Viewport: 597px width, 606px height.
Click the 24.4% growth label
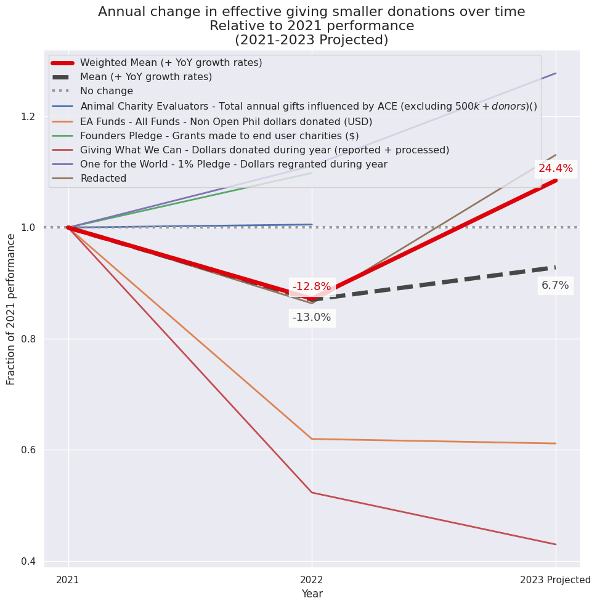tap(555, 169)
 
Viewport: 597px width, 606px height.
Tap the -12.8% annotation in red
tap(312, 286)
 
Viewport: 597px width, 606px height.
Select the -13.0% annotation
tap(312, 318)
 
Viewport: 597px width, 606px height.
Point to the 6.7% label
tap(555, 285)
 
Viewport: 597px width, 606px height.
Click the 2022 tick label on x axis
tap(312, 580)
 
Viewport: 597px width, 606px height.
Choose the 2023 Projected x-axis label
tap(555, 580)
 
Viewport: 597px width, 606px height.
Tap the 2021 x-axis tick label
tap(68, 580)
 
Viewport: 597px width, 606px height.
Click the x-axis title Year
tap(312, 594)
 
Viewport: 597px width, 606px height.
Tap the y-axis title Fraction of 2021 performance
tap(11, 309)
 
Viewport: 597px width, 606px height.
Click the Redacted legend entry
tap(103, 179)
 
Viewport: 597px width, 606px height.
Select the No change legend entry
tap(107, 91)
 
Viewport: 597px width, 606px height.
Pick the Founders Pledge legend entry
tap(219, 135)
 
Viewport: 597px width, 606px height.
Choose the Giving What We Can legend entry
tap(264, 150)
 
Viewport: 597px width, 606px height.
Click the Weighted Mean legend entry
tap(171, 63)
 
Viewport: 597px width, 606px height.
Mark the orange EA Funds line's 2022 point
tap(312, 439)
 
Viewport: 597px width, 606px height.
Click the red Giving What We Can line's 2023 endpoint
tap(556, 544)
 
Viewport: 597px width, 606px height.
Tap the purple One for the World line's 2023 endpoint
tap(556, 73)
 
